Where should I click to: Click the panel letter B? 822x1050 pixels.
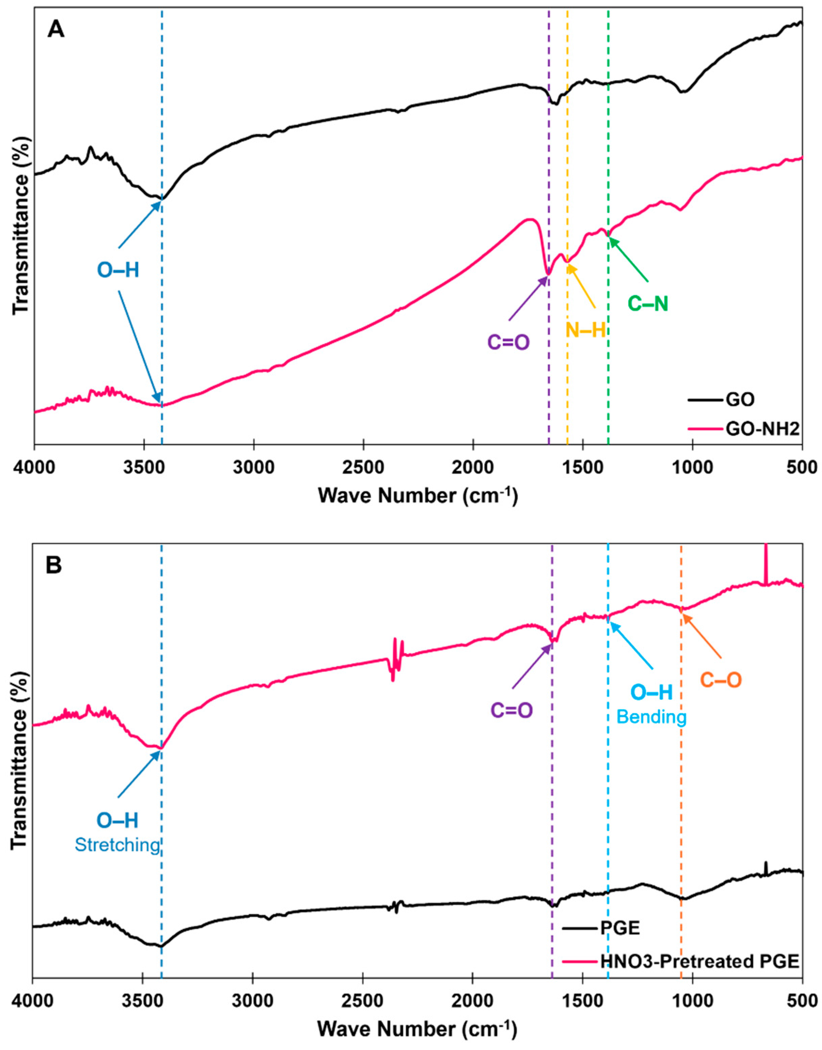(x=53, y=565)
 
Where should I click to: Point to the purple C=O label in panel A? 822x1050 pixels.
(x=509, y=343)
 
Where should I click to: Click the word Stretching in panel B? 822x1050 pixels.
(x=117, y=845)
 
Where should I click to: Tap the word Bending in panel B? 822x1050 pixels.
(x=652, y=717)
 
